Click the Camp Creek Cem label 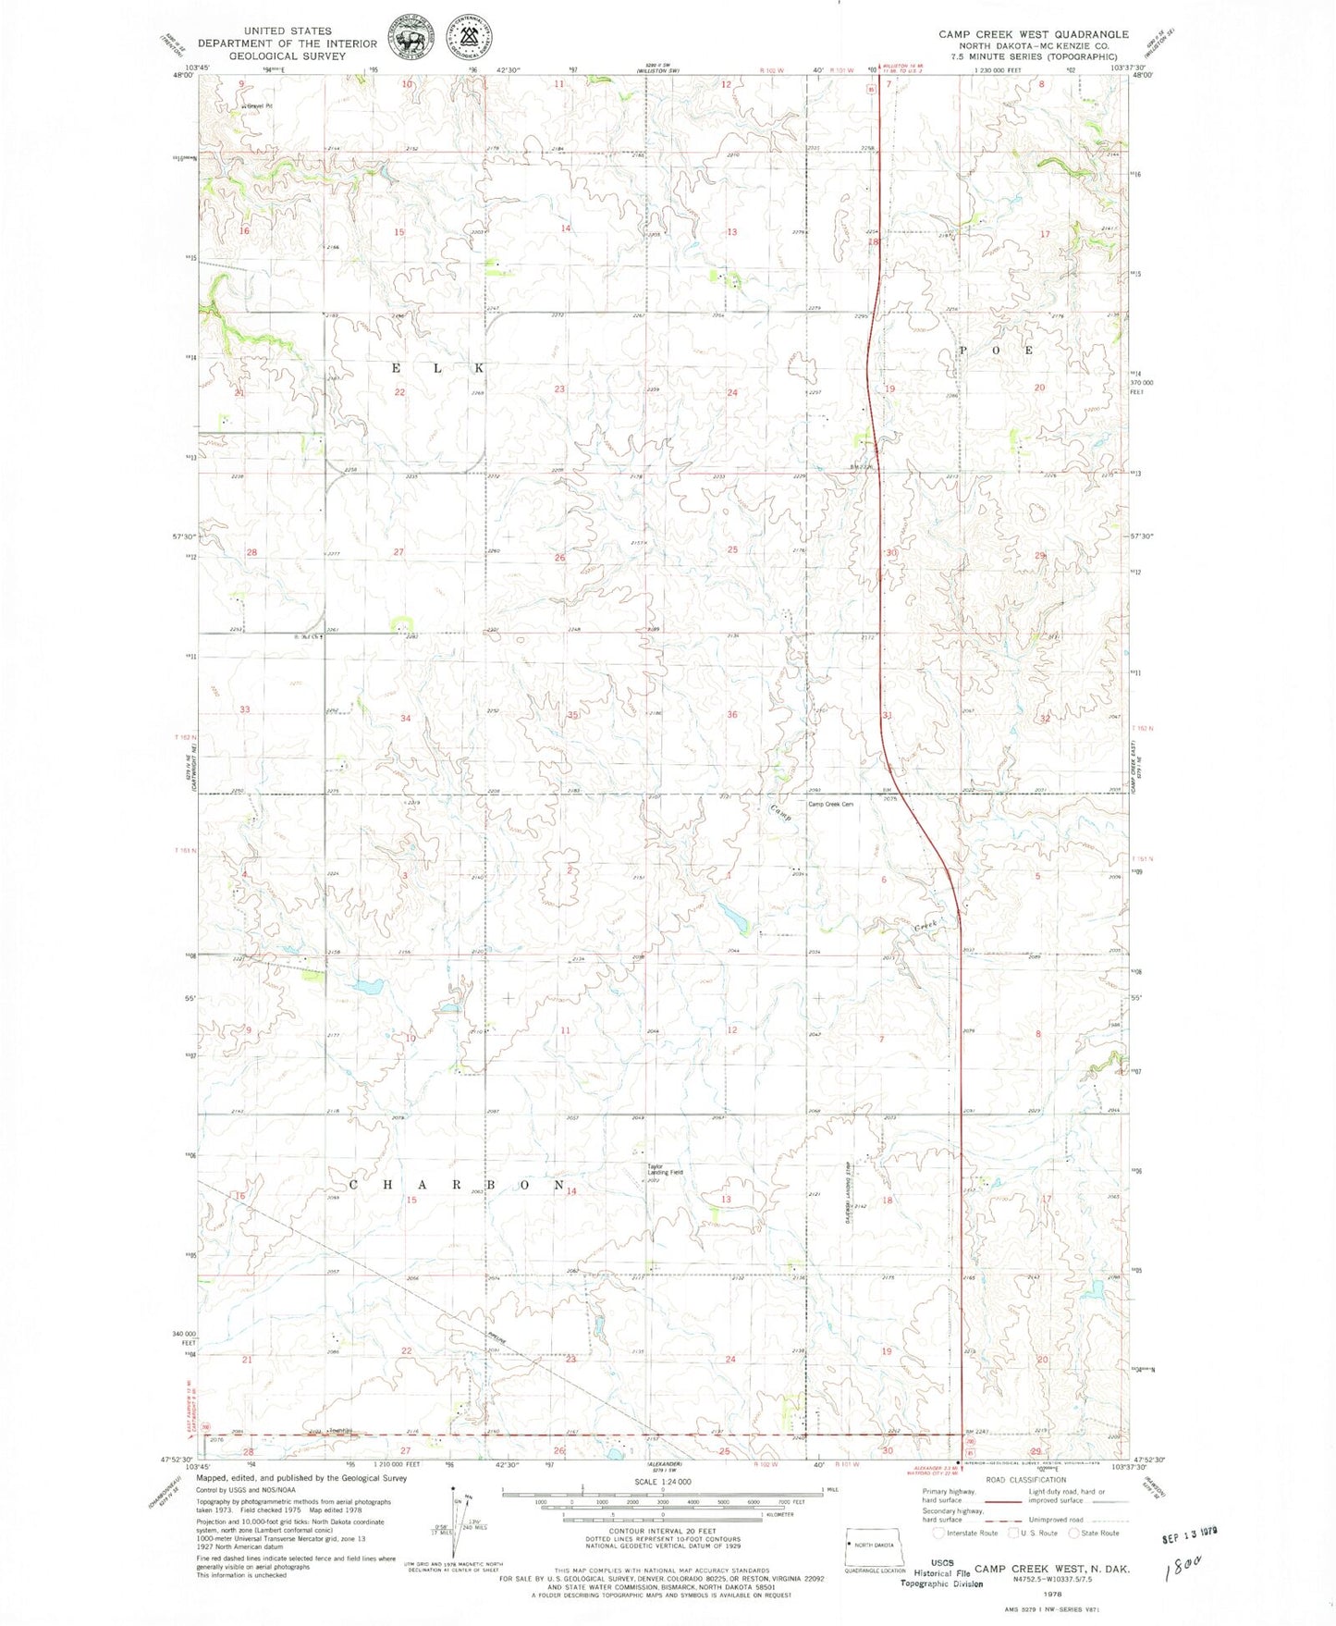(830, 804)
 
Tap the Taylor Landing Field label (664, 1169)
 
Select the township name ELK (437, 368)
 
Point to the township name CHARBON (457, 1185)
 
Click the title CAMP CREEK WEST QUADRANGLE (1033, 34)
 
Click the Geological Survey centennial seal (470, 37)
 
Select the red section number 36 (732, 714)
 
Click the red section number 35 (572, 715)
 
